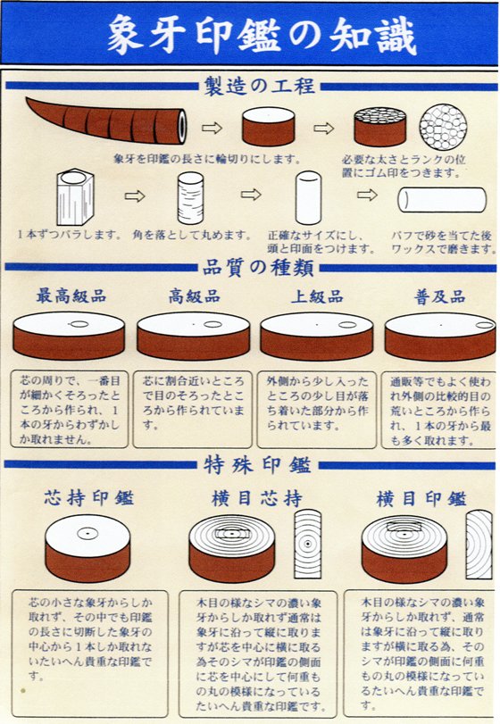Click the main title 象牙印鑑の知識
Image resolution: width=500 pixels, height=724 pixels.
(x=262, y=35)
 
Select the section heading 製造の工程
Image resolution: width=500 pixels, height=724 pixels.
(x=259, y=87)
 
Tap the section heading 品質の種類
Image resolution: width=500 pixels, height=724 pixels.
(x=258, y=267)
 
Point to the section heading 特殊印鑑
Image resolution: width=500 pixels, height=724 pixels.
(x=257, y=465)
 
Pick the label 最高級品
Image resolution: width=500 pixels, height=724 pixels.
(x=71, y=296)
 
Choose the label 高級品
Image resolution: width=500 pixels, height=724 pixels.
(x=194, y=296)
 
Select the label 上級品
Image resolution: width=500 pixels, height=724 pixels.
(x=317, y=296)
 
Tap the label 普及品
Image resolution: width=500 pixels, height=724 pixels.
(x=440, y=296)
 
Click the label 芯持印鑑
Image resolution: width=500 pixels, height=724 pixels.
(x=89, y=498)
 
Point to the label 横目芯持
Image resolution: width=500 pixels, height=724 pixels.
(x=257, y=499)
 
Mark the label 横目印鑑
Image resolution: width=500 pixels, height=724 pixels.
(x=421, y=499)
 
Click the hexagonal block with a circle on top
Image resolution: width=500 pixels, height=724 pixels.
(x=74, y=196)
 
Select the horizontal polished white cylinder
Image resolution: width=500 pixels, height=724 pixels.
(x=442, y=200)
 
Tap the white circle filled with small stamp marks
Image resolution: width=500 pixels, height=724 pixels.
(x=443, y=127)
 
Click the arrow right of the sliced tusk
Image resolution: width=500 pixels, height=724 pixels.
(x=212, y=128)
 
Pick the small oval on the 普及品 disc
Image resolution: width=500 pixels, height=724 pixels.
(x=485, y=325)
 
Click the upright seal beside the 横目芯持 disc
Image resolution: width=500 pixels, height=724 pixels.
(x=307, y=544)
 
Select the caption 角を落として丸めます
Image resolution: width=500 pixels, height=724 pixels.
(x=191, y=235)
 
